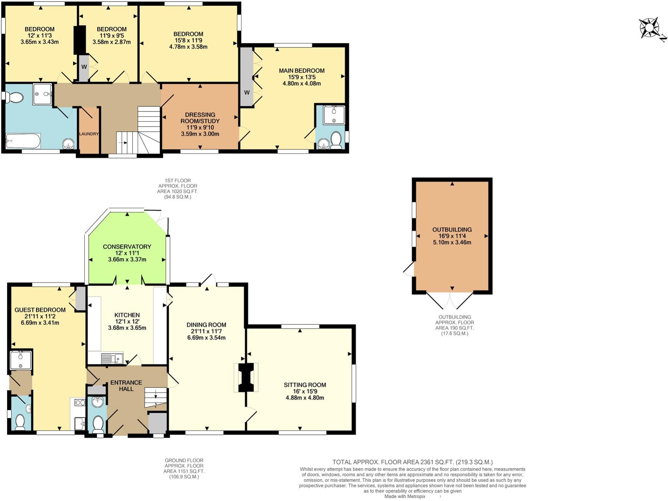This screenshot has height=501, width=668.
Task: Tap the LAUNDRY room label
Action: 89,134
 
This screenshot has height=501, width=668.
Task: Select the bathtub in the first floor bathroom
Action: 23,141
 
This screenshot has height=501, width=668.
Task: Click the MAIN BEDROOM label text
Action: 301,70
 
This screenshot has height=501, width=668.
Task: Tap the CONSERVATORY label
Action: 127,246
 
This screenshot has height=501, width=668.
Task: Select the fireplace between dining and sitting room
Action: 246,377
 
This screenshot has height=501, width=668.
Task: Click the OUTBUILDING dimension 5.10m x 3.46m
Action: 452,242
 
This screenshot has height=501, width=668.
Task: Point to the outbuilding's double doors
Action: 450,301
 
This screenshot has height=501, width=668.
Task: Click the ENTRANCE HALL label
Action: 126,385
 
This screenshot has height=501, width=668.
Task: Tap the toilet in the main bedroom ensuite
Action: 336,140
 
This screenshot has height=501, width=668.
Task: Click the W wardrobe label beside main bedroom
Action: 247,92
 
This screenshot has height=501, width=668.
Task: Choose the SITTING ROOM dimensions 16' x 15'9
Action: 305,391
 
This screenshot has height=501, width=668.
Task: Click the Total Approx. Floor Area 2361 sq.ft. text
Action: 412,462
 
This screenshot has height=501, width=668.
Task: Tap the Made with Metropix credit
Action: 405,496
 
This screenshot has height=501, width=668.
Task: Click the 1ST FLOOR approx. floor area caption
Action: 177,189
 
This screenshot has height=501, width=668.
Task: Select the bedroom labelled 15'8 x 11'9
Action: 188,40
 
